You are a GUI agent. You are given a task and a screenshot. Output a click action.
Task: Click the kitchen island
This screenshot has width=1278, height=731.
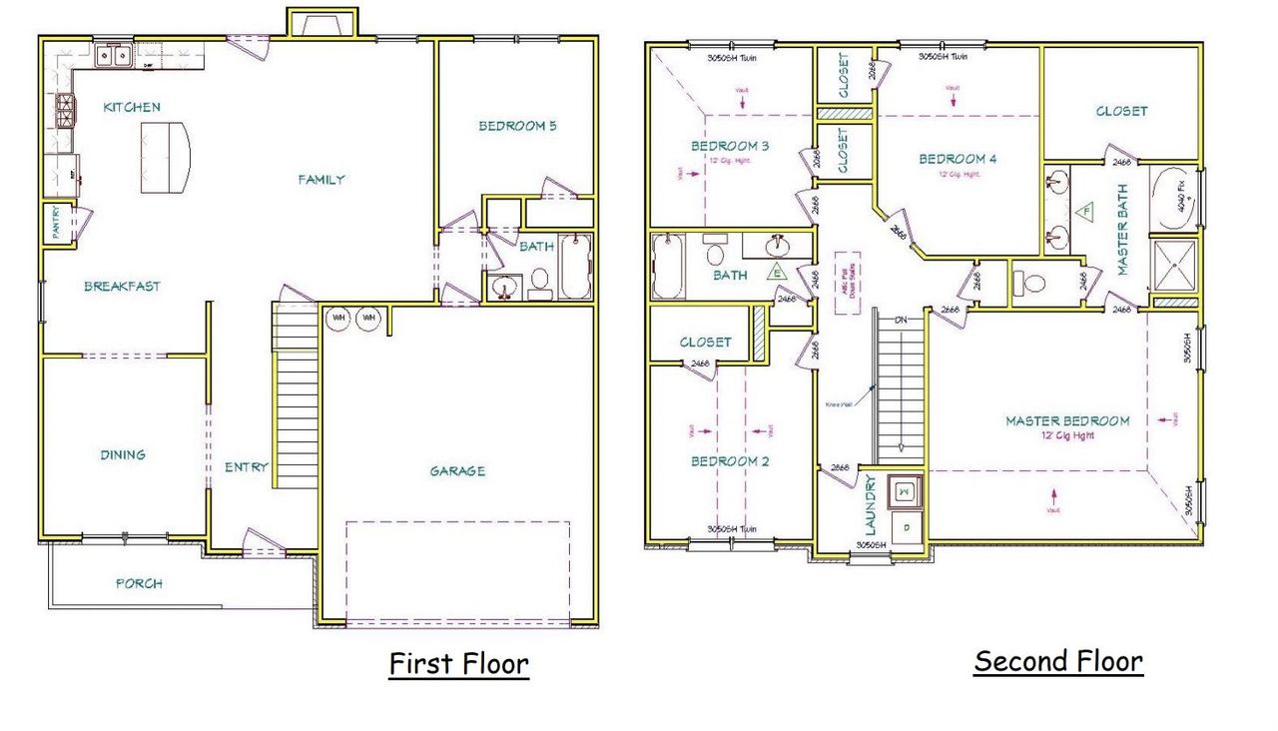(x=164, y=157)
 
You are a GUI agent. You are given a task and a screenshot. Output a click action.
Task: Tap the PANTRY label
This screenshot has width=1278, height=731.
(x=57, y=223)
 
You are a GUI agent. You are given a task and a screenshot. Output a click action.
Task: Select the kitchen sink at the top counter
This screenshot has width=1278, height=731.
(x=113, y=55)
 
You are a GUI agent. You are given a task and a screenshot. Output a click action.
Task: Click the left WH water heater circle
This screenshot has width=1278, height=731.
(x=337, y=318)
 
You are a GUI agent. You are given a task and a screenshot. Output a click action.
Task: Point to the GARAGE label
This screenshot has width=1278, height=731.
(x=457, y=470)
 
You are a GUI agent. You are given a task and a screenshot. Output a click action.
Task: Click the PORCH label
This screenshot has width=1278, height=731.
(x=139, y=583)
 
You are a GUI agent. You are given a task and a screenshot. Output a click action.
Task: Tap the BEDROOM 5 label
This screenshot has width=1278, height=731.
(x=517, y=126)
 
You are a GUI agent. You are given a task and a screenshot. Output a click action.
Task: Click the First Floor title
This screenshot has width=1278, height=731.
(x=458, y=664)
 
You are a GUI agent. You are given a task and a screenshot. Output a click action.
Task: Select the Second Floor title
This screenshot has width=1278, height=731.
(x=1058, y=661)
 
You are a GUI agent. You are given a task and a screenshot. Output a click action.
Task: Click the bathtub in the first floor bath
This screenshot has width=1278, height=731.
(x=575, y=267)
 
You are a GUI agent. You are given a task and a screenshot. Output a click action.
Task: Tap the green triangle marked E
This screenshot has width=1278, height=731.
(x=776, y=271)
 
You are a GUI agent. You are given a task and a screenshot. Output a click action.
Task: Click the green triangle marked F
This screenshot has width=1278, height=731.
(x=1084, y=211)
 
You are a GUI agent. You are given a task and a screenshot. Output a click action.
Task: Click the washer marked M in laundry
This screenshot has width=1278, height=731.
(x=904, y=491)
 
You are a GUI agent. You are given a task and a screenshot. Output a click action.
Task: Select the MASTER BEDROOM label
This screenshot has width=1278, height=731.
(x=1067, y=420)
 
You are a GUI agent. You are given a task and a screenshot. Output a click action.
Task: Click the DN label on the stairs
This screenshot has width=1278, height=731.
(x=901, y=321)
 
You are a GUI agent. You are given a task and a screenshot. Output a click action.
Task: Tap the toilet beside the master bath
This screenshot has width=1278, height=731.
(x=1030, y=281)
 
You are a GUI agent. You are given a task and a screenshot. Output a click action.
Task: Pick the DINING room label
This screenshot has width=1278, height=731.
(x=122, y=454)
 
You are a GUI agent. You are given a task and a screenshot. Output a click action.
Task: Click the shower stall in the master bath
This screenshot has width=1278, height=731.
(x=1174, y=266)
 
